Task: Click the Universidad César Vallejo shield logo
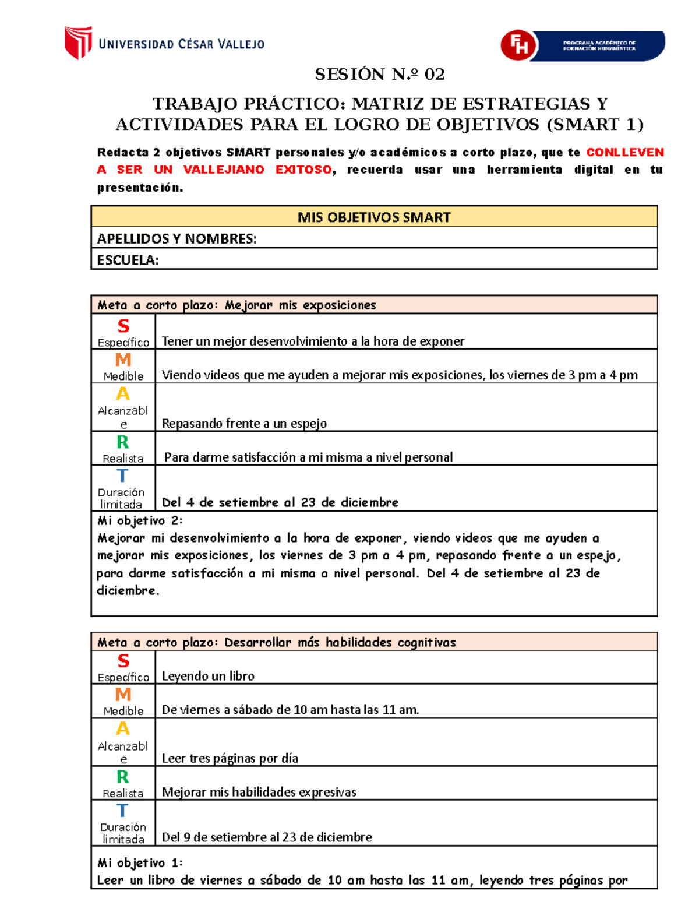(78, 43)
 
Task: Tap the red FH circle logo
(518, 45)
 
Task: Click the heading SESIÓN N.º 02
(379, 75)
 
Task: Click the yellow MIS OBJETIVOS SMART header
(374, 217)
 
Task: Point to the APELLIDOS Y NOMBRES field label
(176, 239)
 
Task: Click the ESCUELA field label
(128, 260)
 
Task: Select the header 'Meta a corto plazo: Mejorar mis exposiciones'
(236, 305)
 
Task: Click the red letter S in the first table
(123, 326)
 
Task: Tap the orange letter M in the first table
(123, 360)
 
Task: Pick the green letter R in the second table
(123, 777)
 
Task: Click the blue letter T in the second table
(122, 811)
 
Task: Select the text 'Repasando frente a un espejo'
(244, 424)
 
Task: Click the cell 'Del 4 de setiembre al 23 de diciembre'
(280, 502)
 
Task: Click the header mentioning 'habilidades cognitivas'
(276, 642)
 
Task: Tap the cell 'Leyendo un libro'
(208, 676)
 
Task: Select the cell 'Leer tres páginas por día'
(230, 758)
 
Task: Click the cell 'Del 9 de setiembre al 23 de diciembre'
(267, 837)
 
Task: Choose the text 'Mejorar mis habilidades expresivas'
(259, 792)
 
